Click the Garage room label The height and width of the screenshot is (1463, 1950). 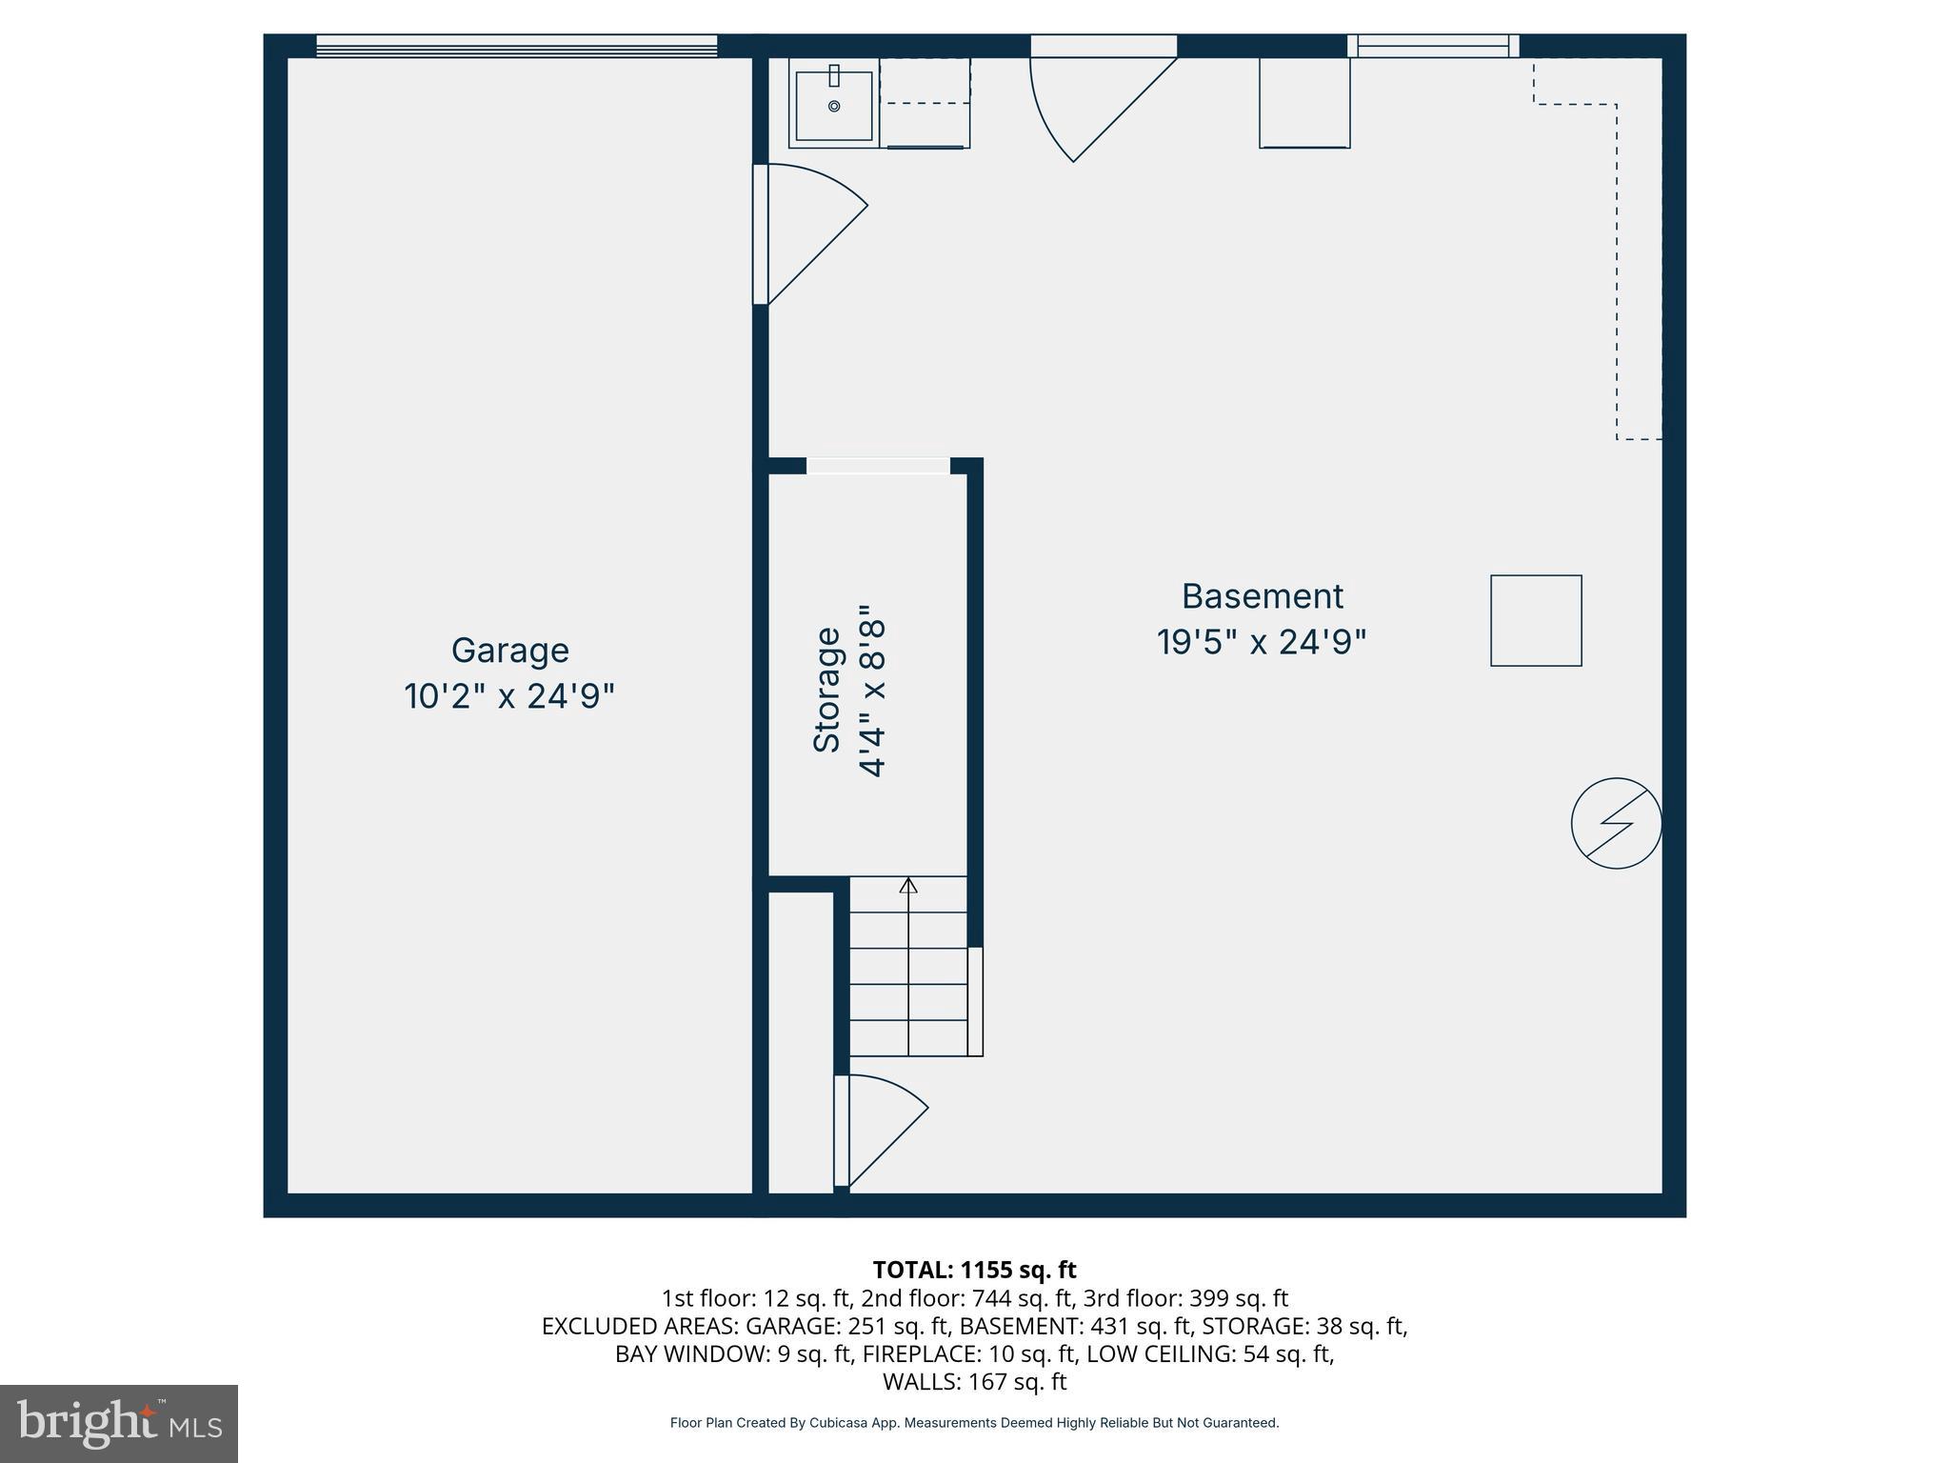pyautogui.click(x=509, y=651)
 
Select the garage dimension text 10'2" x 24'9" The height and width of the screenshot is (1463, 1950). pyautogui.click(x=509, y=696)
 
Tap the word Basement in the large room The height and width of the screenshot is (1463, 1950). pyautogui.click(x=1262, y=596)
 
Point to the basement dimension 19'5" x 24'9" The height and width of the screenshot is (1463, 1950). pyautogui.click(x=1262, y=642)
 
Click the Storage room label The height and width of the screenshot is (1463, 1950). pyautogui.click(x=827, y=690)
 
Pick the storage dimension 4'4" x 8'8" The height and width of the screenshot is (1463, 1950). pyautogui.click(x=873, y=690)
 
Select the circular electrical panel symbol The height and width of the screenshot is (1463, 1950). pyautogui.click(x=1616, y=823)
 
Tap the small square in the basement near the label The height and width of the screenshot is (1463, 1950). pyautogui.click(x=1536, y=621)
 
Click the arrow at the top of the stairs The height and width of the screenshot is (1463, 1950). pyautogui.click(x=908, y=886)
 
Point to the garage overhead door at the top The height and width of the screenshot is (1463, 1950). pyautogui.click(x=516, y=46)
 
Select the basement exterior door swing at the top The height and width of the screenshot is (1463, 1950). pyautogui.click(x=1095, y=105)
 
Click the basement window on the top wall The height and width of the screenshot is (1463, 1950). pyautogui.click(x=1433, y=46)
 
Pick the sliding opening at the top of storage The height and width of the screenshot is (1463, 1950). pyautogui.click(x=878, y=466)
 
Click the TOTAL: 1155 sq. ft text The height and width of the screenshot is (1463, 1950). pyautogui.click(x=974, y=1270)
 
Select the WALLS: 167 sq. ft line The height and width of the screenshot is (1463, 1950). pyautogui.click(x=974, y=1381)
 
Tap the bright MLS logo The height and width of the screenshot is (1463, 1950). pyautogui.click(x=119, y=1423)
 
